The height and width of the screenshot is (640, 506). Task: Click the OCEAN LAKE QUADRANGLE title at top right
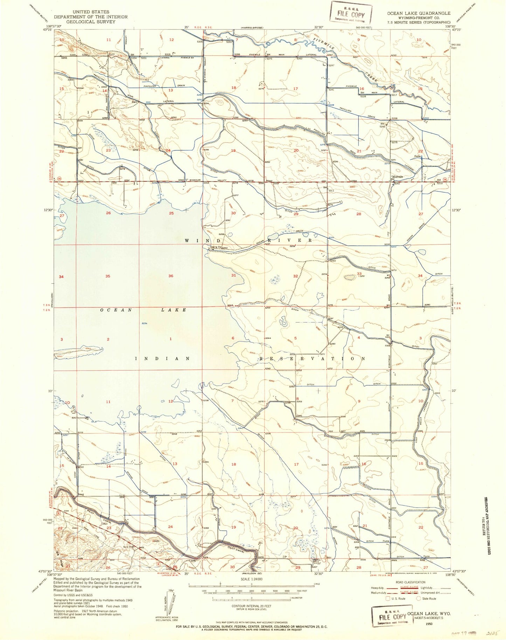pyautogui.click(x=418, y=13)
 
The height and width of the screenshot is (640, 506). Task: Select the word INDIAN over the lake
pyautogui.click(x=162, y=359)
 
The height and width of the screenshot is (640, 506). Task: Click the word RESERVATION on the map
pyautogui.click(x=312, y=359)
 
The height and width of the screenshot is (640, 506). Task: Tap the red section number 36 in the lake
pyautogui.click(x=171, y=276)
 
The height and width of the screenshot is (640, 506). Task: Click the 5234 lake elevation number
pyautogui.click(x=144, y=323)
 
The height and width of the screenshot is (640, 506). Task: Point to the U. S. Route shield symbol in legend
pyautogui.click(x=388, y=599)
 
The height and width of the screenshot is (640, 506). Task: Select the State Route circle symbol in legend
pyautogui.click(x=418, y=599)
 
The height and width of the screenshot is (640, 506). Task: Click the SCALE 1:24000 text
pyautogui.click(x=251, y=579)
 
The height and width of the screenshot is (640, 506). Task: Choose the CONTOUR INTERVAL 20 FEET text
pyautogui.click(x=251, y=606)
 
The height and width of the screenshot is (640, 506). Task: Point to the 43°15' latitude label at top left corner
pyautogui.click(x=47, y=30)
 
